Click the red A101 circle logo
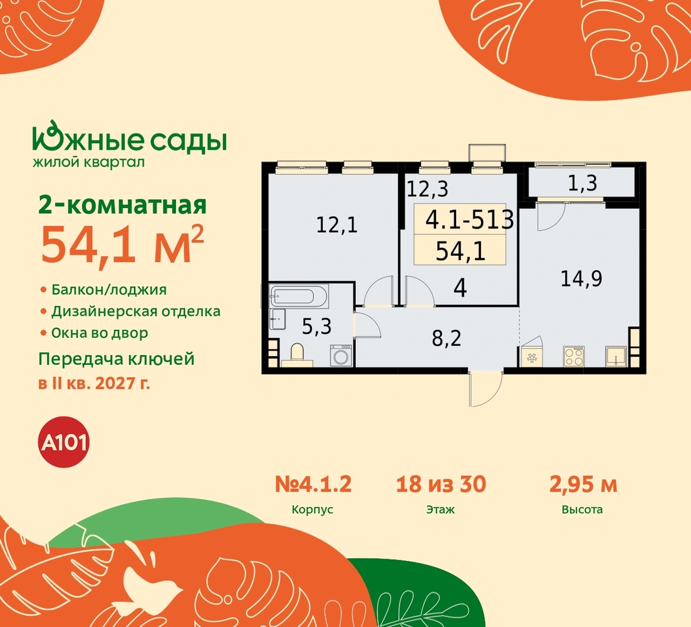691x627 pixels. coord(65,442)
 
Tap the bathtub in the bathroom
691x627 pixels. coord(299,296)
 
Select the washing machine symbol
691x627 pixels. coord(341,356)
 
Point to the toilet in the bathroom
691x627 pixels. coord(298,356)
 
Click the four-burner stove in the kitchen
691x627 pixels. coord(574,356)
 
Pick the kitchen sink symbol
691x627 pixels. coord(616,356)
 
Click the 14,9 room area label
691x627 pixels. coord(581,278)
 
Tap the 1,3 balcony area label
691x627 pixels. coord(582,184)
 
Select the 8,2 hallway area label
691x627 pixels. coord(447,339)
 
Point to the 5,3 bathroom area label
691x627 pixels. coord(316,327)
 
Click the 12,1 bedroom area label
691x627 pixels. coord(336,225)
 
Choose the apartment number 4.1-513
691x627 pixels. coord(469,219)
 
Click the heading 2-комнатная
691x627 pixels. coord(123,206)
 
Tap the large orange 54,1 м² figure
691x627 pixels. coord(122,245)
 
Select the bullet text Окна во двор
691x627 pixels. coord(100,333)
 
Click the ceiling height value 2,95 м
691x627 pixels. coord(583,484)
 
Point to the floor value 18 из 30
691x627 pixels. coord(440,484)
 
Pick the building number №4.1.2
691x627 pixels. coord(313,484)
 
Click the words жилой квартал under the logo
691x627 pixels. coord(88,162)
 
